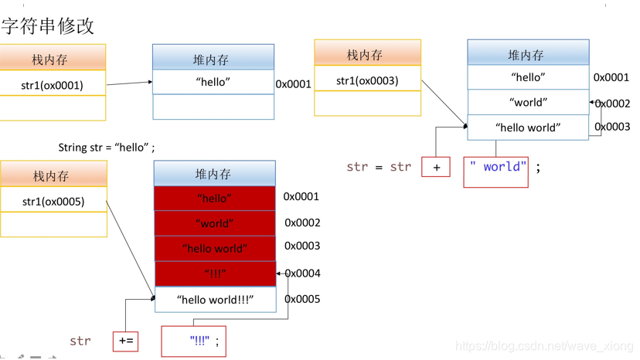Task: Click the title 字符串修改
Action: (48, 25)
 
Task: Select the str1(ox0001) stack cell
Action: (53, 85)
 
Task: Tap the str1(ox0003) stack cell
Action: (367, 80)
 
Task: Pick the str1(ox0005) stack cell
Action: (53, 202)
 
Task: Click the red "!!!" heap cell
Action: (215, 273)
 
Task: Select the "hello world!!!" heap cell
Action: (215, 300)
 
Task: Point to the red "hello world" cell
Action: (215, 249)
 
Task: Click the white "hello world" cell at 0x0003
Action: (528, 127)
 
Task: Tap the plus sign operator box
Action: (436, 167)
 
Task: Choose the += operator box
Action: (126, 341)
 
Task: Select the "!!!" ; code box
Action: (194, 341)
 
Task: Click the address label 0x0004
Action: (302, 273)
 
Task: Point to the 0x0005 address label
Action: (302, 299)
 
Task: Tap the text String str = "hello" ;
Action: (107, 147)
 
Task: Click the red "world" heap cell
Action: (215, 223)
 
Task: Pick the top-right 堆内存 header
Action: (528, 54)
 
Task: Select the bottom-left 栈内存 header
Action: (53, 175)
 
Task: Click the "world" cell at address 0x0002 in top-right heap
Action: (528, 102)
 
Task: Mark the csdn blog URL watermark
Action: (544, 347)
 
